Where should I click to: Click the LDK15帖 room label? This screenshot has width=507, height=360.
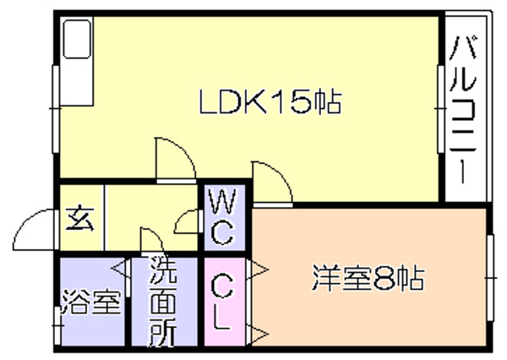(270, 101)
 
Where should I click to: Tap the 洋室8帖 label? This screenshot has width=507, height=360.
(368, 278)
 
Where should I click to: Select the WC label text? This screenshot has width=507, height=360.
(222, 217)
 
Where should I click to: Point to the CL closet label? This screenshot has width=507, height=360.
(221, 302)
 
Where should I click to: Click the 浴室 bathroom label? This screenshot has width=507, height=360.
(91, 302)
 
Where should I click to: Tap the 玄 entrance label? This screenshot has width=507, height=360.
(80, 219)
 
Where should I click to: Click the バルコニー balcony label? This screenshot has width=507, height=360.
(464, 110)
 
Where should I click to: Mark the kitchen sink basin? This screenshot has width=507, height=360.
(77, 39)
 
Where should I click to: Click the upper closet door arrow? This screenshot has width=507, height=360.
(258, 269)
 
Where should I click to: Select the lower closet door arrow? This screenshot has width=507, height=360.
(258, 333)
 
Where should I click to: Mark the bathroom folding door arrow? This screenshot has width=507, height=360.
(121, 269)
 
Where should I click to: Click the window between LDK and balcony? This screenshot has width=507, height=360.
(441, 109)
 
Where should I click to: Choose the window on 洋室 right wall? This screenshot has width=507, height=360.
(490, 277)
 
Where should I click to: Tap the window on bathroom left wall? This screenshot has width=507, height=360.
(57, 325)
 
